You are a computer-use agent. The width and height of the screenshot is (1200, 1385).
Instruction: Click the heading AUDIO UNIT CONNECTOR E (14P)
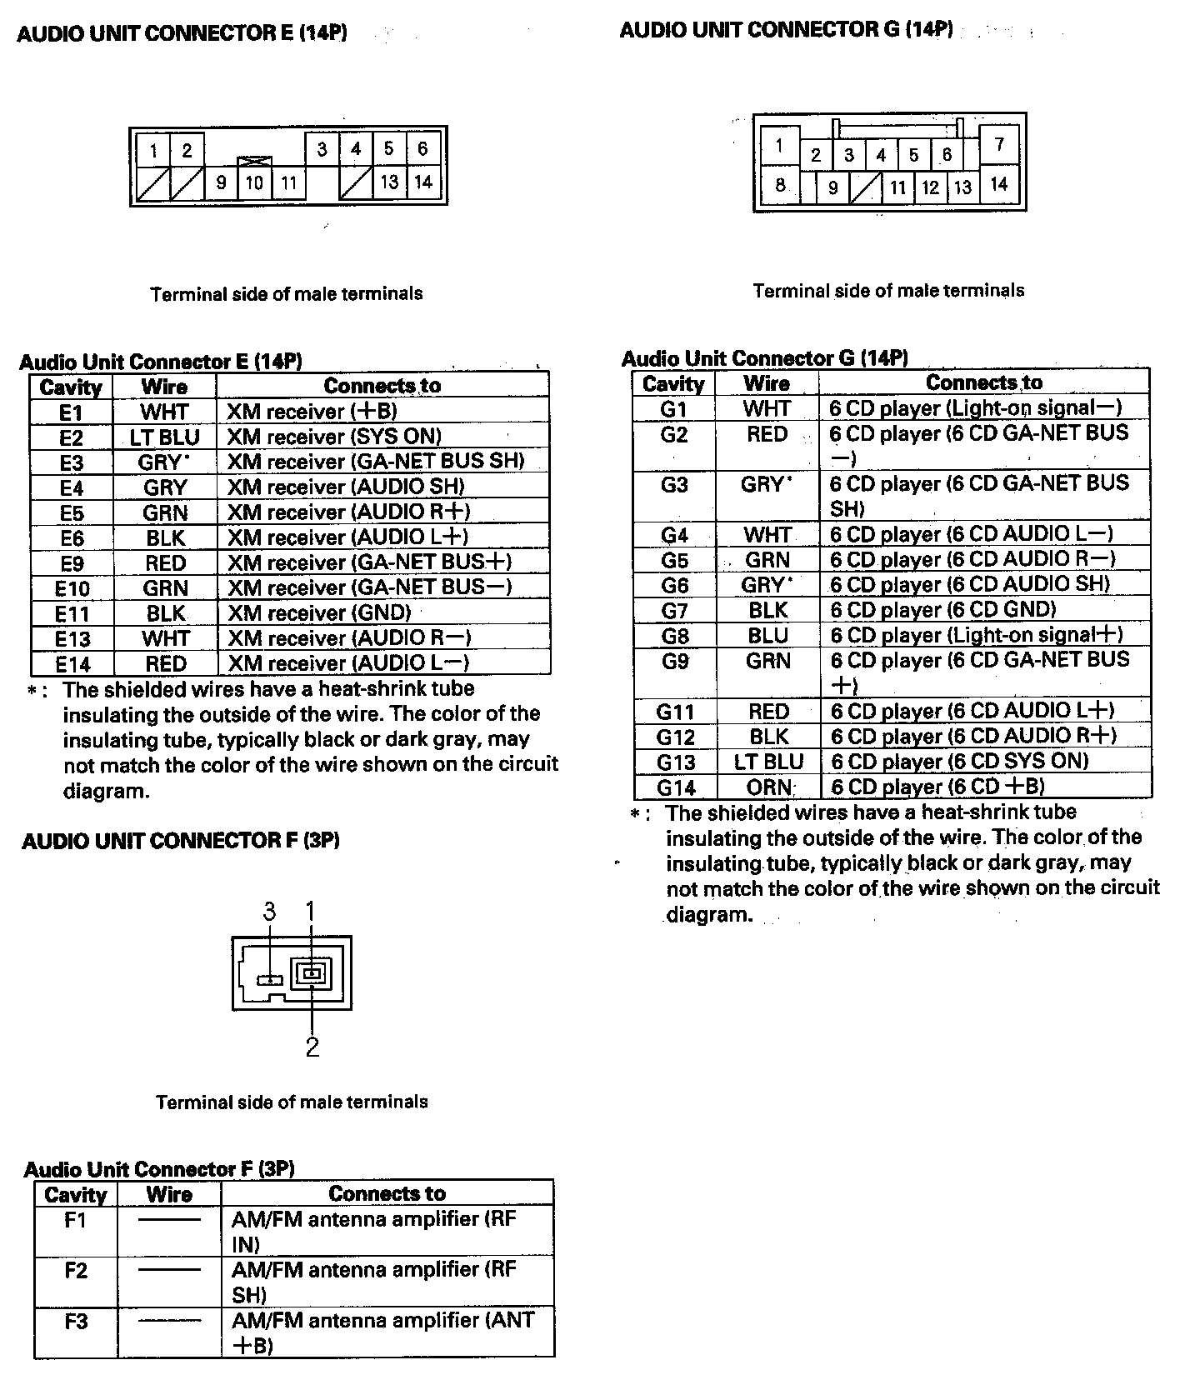click(182, 33)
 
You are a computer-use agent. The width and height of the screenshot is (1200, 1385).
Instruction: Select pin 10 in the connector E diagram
click(254, 182)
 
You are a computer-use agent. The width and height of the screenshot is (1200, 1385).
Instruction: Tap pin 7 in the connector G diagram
click(1000, 145)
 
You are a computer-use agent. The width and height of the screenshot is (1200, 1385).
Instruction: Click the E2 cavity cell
click(72, 437)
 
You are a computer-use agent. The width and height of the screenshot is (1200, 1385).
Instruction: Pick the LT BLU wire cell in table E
click(165, 437)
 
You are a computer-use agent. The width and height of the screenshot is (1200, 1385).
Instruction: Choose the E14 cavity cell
click(72, 664)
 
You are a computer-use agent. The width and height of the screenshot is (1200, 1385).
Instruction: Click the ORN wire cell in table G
click(767, 787)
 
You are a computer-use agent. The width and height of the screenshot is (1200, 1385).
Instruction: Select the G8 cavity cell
click(674, 636)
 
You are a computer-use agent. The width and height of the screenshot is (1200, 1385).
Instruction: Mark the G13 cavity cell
click(674, 762)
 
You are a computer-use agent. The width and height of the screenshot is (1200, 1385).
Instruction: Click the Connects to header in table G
click(984, 382)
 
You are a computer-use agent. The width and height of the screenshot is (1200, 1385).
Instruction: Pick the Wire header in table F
click(169, 1194)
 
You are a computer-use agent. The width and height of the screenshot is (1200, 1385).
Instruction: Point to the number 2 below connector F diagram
click(312, 1047)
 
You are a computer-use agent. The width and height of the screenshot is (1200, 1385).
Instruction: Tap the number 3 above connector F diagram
click(269, 912)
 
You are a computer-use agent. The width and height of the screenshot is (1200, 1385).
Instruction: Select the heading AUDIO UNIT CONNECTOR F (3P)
click(180, 841)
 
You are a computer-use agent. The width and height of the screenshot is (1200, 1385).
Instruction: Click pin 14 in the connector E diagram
click(423, 182)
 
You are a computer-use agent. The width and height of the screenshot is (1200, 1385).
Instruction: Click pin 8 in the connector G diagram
click(780, 185)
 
